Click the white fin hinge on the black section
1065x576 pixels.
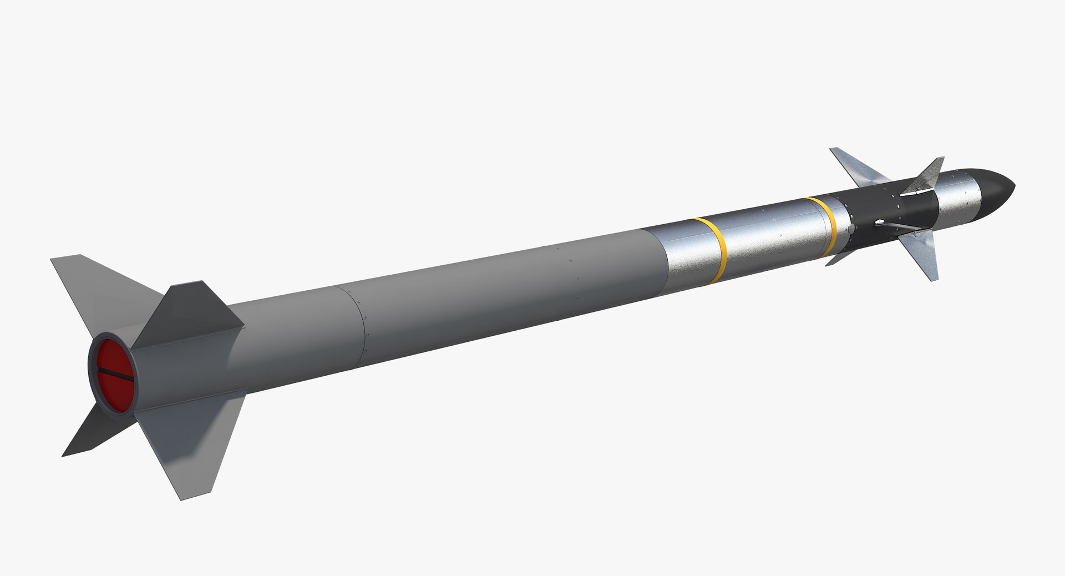(879, 223)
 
